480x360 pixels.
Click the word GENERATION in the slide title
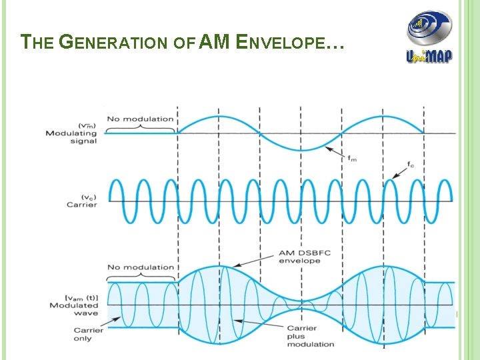click(113, 43)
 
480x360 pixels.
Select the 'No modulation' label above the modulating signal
click(141, 119)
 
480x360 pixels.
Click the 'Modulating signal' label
click(71, 137)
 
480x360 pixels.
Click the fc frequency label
click(410, 164)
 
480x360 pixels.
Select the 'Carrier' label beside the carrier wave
click(81, 205)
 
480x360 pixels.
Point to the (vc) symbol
click(89, 197)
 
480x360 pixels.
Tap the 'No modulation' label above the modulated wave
click(141, 267)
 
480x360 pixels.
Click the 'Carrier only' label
click(89, 334)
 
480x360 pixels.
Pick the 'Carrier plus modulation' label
click(310, 336)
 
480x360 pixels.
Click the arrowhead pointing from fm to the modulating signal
click(327, 149)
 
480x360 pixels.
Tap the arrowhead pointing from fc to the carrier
click(394, 177)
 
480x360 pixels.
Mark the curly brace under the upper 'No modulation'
click(141, 128)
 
